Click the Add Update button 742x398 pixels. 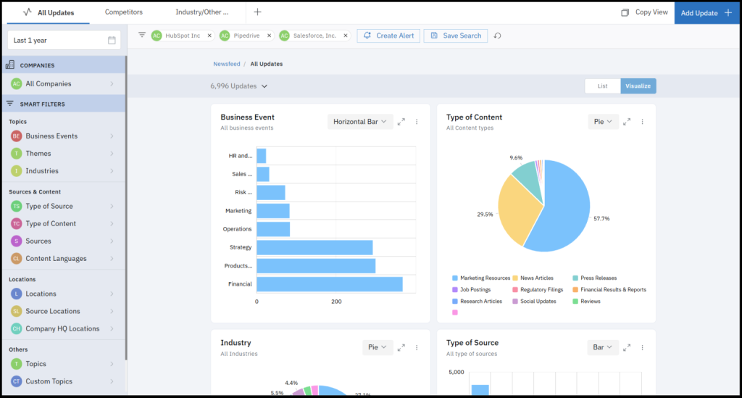[706, 13]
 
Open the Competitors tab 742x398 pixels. [123, 12]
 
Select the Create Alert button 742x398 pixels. [388, 36]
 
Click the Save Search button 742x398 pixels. [455, 36]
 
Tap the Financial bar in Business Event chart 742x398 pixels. [330, 284]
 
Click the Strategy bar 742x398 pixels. [314, 247]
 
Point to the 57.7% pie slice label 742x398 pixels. [601, 218]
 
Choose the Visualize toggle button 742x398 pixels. [638, 86]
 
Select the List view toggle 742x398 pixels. [602, 86]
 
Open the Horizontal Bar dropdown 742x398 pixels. [360, 122]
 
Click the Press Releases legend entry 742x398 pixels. [598, 278]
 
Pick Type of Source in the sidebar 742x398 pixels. [49, 207]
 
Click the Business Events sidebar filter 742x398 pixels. [51, 136]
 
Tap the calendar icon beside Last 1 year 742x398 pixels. [112, 41]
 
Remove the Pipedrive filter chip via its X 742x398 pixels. [270, 36]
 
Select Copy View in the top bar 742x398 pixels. [651, 12]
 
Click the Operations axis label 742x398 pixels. [237, 229]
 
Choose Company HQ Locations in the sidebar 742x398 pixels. [62, 329]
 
